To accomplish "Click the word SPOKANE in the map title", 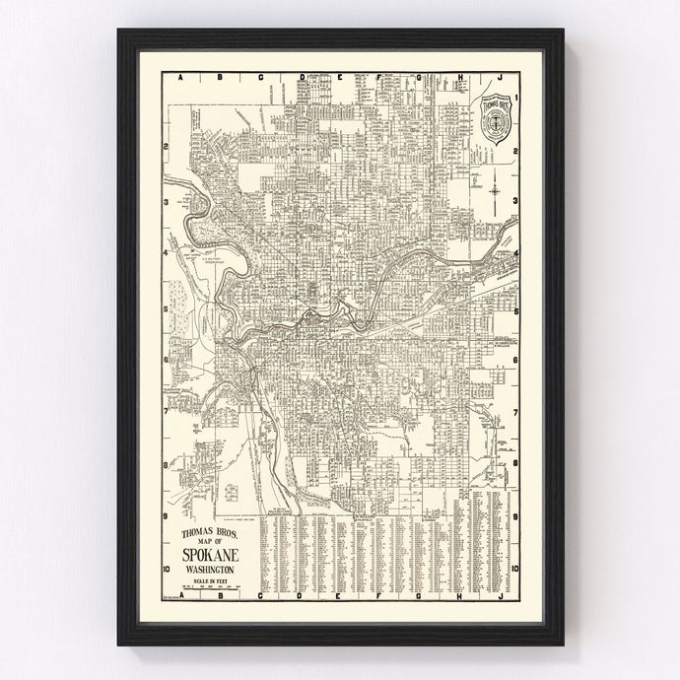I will coord(208,556).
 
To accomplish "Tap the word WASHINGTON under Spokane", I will coord(208,571).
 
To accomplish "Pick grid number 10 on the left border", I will coord(168,569).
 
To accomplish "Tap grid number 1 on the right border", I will coord(515,95).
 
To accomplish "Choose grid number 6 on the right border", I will coord(515,360).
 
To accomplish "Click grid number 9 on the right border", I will coord(515,516).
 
